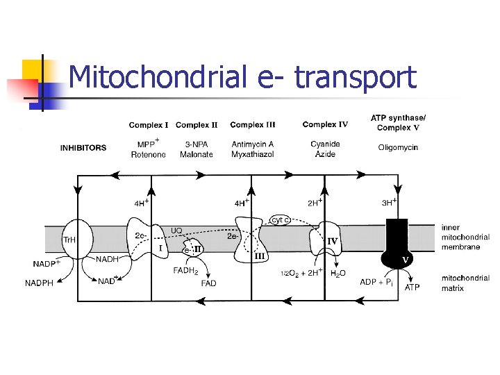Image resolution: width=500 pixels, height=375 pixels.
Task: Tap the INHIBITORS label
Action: [x=83, y=148]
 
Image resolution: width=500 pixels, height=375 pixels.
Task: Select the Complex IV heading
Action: [x=325, y=125]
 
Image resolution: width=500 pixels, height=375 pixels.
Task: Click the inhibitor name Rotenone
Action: [x=148, y=154]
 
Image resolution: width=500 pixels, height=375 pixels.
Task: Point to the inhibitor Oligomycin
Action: [x=398, y=147]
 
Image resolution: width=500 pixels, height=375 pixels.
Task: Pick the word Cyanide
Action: [x=325, y=144]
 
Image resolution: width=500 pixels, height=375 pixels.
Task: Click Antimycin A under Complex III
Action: [x=253, y=144]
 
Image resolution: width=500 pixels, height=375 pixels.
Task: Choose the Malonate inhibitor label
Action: [x=197, y=154]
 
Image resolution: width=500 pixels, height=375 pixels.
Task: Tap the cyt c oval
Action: [x=280, y=220]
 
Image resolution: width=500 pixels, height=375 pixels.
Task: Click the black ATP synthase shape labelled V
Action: [x=398, y=243]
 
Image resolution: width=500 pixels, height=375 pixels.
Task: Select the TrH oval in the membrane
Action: [x=74, y=240]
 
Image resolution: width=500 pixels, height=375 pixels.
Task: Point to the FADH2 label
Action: [x=185, y=272]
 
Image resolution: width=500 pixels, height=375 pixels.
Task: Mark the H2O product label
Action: [x=338, y=274]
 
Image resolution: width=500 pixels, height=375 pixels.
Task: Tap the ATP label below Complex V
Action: [x=412, y=287]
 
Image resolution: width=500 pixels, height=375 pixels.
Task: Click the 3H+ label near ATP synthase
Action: [x=389, y=203]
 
